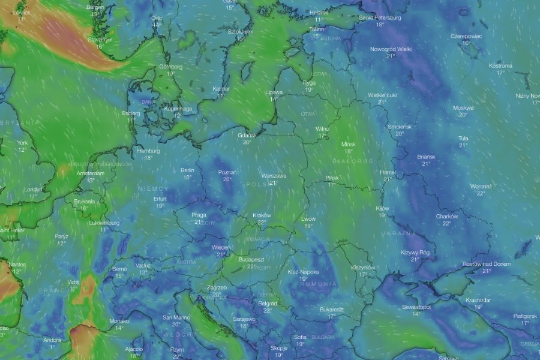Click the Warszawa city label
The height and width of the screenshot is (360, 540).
(x=274, y=176)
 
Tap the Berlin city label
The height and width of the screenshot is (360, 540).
(x=187, y=170)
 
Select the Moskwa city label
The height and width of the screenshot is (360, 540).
(x=463, y=108)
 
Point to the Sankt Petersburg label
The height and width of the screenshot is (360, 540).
(x=380, y=17)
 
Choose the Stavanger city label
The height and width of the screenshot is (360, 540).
(x=100, y=39)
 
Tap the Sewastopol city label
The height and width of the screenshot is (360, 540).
(x=416, y=307)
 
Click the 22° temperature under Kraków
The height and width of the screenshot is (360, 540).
(x=262, y=223)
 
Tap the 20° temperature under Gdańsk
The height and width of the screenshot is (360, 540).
(x=247, y=143)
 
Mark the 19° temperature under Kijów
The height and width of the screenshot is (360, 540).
(x=382, y=215)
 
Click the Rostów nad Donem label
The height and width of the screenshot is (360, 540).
(x=487, y=264)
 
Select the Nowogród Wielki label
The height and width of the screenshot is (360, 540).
(x=391, y=49)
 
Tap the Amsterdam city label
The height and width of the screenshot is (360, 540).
(x=90, y=173)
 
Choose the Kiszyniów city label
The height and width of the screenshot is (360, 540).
(x=362, y=267)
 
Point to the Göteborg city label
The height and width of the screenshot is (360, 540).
(x=170, y=67)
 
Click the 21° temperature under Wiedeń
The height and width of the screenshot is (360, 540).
(x=220, y=254)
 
